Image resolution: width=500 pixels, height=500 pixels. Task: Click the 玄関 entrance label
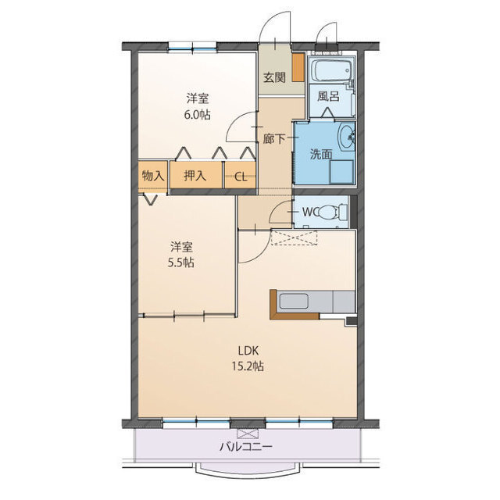click(x=274, y=77)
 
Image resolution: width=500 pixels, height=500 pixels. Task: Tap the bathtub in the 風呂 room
click(x=333, y=70)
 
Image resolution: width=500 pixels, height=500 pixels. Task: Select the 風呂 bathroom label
click(x=328, y=96)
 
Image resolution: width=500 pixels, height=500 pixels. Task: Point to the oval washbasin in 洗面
click(x=346, y=137)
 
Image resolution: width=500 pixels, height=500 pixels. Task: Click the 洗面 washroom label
click(x=321, y=155)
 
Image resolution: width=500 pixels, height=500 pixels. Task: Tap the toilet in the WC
click(x=333, y=212)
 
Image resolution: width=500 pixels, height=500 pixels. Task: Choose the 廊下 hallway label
click(x=274, y=138)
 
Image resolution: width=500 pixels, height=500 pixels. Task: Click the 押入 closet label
click(x=195, y=175)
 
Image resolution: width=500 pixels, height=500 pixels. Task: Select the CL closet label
click(x=241, y=177)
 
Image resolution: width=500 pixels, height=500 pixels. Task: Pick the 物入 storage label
click(x=153, y=175)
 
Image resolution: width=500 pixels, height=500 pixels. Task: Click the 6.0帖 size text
click(x=198, y=114)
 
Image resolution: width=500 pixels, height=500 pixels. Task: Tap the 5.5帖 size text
click(x=181, y=262)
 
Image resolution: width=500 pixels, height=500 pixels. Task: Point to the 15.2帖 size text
click(x=248, y=366)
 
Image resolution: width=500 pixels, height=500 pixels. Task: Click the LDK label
click(x=248, y=351)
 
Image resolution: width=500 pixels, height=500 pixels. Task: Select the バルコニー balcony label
click(x=246, y=446)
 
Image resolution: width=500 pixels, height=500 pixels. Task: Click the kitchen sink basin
click(x=294, y=302)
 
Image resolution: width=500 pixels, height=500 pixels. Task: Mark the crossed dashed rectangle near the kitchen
click(x=294, y=237)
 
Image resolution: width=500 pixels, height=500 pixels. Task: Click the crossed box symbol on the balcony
click(x=247, y=434)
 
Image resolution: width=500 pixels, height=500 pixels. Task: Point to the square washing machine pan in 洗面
click(x=341, y=172)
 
